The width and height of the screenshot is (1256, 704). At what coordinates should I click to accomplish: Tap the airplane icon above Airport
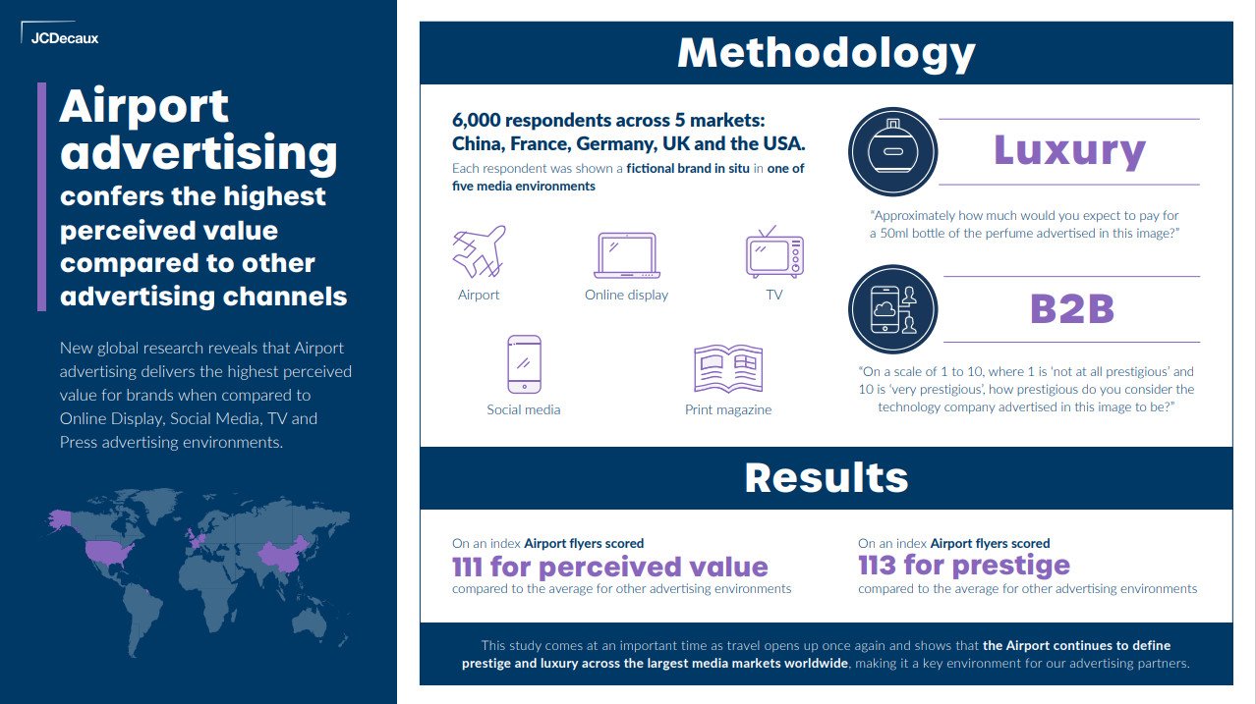480,251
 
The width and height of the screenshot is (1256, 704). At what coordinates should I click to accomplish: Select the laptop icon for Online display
627,255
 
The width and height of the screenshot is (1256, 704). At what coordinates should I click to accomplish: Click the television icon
774,252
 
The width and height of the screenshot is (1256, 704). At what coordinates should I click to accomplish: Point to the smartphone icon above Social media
524,364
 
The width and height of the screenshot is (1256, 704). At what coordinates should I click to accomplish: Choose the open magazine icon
728,368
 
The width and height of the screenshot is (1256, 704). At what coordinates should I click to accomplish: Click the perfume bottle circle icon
892,151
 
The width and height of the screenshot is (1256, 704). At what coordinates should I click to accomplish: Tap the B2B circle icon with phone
892,309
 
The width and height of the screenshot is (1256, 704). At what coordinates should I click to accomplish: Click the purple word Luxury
1069,150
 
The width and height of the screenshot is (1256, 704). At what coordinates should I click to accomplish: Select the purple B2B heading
1072,308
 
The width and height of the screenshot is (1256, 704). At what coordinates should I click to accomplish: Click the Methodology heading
827,54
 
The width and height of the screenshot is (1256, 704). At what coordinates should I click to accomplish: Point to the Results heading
827,478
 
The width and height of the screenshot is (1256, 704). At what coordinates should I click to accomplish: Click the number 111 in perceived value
467,567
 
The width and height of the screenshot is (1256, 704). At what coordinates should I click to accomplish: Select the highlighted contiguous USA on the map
109,552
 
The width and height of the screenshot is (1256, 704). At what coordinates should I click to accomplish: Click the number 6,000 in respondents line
477,121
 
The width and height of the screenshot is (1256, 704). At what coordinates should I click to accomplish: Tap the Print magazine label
728,410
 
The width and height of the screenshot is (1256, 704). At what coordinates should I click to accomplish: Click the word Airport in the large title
144,106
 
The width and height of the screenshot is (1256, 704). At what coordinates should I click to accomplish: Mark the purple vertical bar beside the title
41,196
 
